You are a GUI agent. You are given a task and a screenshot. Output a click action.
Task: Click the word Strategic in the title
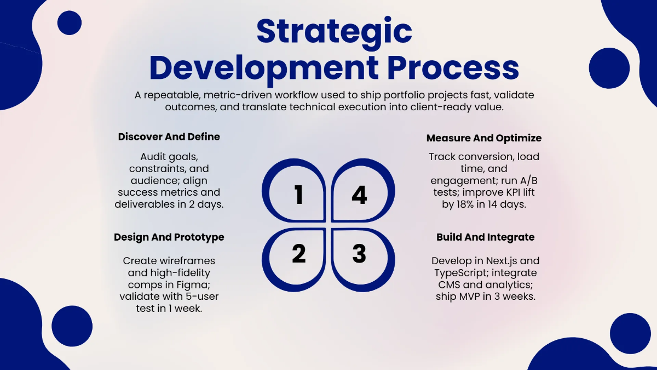click(335, 32)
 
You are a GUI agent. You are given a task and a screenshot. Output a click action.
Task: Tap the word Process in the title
click(453, 68)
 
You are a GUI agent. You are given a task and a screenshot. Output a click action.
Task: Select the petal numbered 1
click(293, 190)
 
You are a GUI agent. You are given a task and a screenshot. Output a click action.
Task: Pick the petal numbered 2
click(293, 260)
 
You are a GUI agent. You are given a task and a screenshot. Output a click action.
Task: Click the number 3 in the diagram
click(359, 253)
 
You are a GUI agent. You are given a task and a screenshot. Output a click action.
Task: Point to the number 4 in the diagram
click(359, 195)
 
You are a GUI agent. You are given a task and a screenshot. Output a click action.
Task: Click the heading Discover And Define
click(169, 136)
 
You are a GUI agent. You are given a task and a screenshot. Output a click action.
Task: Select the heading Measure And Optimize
click(484, 138)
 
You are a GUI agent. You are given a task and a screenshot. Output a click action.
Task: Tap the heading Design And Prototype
click(169, 237)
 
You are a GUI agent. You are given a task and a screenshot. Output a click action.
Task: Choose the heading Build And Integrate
click(486, 237)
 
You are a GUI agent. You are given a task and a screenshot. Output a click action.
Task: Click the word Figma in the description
click(192, 285)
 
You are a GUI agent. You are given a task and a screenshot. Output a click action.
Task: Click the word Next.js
click(502, 261)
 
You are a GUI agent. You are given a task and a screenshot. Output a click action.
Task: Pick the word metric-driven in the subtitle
click(239, 95)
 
